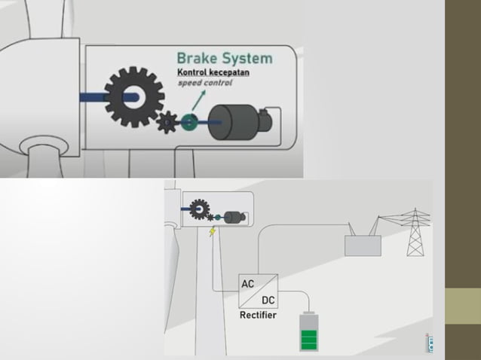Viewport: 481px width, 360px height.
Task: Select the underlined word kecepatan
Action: pos(229,72)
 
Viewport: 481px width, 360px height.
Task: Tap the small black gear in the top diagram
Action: pos(167,123)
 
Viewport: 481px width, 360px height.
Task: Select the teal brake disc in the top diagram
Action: pos(188,121)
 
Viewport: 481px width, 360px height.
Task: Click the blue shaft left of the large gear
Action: pos(94,96)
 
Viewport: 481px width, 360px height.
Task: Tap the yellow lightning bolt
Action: pos(213,230)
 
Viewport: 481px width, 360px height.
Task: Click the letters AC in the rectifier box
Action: pos(247,284)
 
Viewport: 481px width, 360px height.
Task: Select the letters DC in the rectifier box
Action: pos(268,300)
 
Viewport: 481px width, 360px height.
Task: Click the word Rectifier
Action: pos(258,315)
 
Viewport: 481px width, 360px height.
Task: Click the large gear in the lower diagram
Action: pos(199,208)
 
